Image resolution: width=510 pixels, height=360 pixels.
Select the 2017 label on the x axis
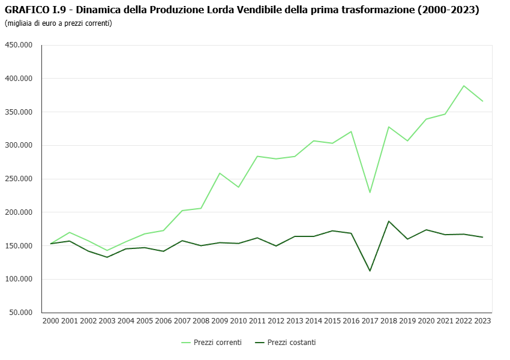point(370,321)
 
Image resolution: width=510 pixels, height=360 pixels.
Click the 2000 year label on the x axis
point(51,321)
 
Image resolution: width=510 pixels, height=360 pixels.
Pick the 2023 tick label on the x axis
point(482,321)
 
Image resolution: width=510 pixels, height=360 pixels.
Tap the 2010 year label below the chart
point(238,321)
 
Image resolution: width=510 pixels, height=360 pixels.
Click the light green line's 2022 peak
point(464,86)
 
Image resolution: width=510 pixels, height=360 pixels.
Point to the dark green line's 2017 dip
point(370,271)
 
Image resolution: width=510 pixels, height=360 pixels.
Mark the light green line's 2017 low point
point(370,192)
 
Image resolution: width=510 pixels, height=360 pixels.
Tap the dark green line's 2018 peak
point(389,221)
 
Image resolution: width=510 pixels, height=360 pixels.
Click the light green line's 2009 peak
point(220,173)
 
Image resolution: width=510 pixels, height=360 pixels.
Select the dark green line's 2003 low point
point(107,257)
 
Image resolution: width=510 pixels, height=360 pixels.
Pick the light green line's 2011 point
point(257,156)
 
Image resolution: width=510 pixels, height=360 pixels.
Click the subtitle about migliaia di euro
point(58,23)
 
